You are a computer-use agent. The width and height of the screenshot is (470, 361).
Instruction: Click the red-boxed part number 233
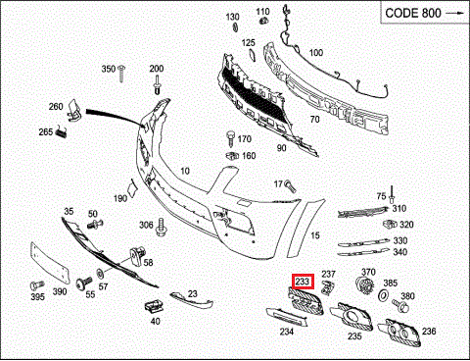tap(303, 282)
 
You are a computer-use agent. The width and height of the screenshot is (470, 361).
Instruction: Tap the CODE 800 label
tap(413, 13)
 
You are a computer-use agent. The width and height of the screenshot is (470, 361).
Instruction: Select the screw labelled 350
tap(122, 74)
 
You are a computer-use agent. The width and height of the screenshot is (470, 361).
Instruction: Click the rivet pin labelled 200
tap(157, 85)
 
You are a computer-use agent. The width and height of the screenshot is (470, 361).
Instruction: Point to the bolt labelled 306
tap(162, 227)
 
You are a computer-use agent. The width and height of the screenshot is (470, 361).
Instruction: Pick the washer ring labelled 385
tap(383, 295)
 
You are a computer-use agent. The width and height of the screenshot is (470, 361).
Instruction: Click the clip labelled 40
tap(154, 306)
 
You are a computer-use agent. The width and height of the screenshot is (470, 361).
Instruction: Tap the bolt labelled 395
tap(37, 285)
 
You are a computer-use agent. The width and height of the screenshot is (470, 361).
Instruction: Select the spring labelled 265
tap(62, 131)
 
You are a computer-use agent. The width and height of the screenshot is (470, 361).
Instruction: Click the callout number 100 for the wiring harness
tap(316, 53)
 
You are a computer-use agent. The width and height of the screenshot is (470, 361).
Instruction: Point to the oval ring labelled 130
tap(235, 27)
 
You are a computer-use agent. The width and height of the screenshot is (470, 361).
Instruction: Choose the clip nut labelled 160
tap(232, 156)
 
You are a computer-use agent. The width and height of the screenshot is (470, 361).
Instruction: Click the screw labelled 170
tap(231, 138)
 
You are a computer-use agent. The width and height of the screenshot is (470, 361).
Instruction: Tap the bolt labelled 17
tap(290, 185)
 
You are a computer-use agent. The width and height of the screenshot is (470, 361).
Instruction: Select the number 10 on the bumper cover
tap(185, 171)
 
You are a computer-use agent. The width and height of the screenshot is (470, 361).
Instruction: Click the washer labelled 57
tap(100, 273)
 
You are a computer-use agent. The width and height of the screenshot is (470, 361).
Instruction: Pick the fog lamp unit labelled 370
tap(363, 285)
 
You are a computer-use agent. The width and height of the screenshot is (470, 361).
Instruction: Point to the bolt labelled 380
tap(400, 305)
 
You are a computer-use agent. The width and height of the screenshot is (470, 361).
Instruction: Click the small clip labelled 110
tap(262, 22)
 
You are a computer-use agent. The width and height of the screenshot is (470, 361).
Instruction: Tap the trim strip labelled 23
tap(191, 300)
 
